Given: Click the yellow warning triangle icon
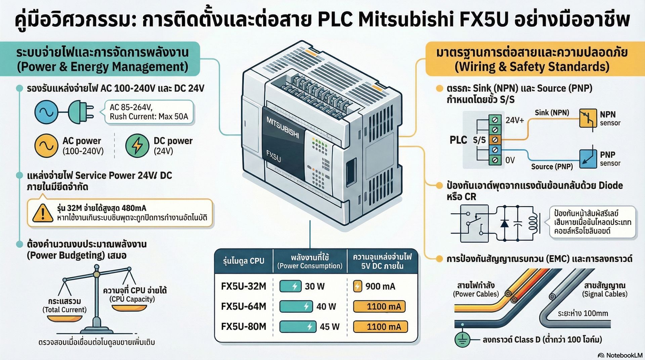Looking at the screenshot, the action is point(43,213).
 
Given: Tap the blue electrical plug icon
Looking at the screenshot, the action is point(81,112).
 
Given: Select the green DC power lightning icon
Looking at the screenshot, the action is point(137,145).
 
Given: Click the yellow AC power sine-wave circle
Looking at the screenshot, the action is point(46,145).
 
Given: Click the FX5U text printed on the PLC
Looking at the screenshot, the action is point(273,156).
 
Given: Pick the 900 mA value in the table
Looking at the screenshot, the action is point(380,286).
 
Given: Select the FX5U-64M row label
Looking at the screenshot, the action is point(244,306).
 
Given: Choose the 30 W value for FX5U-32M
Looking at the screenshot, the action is point(315,286).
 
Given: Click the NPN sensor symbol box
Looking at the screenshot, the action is point(588,118).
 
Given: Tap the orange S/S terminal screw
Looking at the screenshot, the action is point(495,139).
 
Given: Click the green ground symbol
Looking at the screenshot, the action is point(463,340).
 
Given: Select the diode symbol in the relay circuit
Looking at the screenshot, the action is point(505,223).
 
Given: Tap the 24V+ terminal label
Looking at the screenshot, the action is point(515,120).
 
